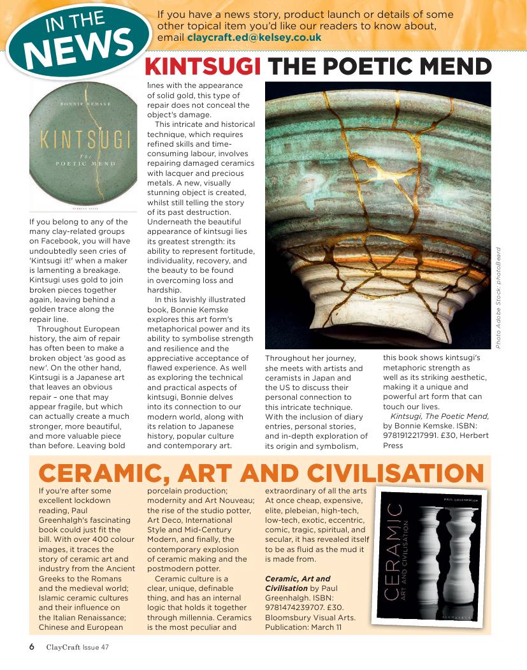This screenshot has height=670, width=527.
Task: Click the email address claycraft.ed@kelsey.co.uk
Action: tap(254, 38)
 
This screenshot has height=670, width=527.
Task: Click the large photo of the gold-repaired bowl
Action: tap(377, 216)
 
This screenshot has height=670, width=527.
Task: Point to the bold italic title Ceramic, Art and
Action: tap(298, 578)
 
